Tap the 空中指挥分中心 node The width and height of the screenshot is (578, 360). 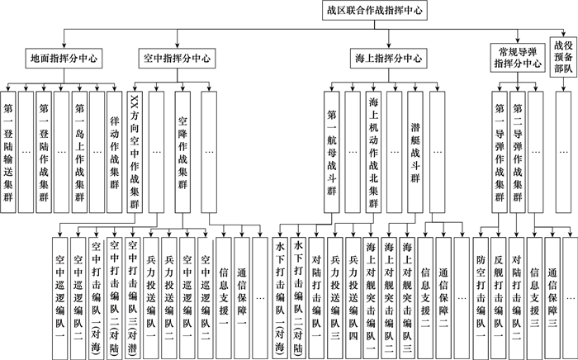point(175,59)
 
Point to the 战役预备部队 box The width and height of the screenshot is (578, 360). point(563,57)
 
